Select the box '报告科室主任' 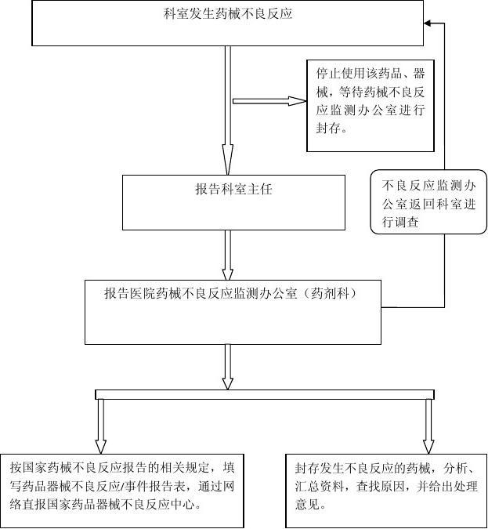click(x=233, y=201)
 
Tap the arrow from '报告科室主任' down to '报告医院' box click(x=228, y=254)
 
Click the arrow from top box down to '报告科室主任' click(x=228, y=109)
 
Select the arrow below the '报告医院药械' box click(x=228, y=366)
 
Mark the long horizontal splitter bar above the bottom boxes click(x=264, y=394)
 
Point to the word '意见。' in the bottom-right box click(x=309, y=505)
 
